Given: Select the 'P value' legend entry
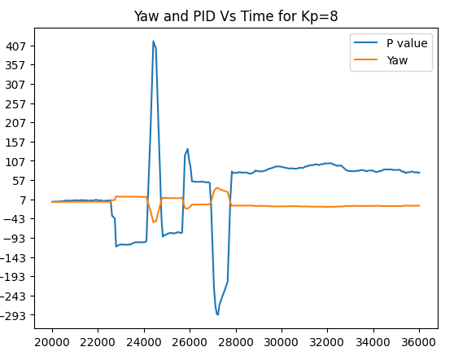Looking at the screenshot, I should (x=407, y=43).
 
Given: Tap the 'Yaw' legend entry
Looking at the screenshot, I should (x=397, y=59).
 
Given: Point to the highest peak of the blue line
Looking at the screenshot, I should (x=153, y=42).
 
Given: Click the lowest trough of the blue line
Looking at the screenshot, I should (x=217, y=314).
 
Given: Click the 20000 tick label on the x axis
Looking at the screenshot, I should (x=52, y=343).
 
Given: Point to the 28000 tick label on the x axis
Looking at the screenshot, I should (x=236, y=343).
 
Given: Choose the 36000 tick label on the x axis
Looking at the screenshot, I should (x=420, y=343).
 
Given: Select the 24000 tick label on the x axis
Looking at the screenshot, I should (x=144, y=343).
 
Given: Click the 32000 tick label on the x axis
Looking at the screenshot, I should (x=328, y=343).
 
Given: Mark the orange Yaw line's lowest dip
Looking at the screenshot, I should (x=154, y=222).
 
